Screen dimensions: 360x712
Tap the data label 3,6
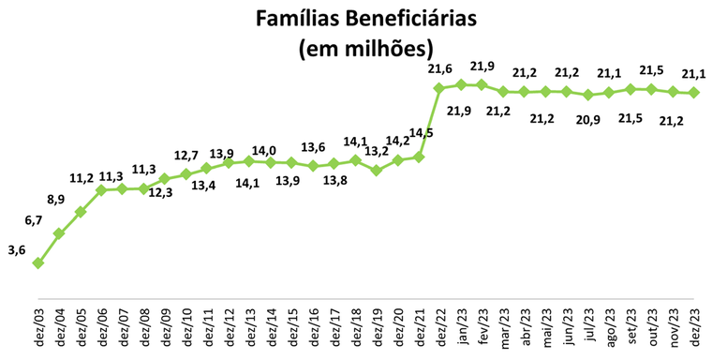(x=16, y=250)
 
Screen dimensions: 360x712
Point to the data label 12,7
(x=186, y=155)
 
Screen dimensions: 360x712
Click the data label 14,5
(x=421, y=133)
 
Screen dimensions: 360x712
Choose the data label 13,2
(x=377, y=151)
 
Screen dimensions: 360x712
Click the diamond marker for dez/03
(x=38, y=262)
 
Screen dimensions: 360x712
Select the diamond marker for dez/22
(x=439, y=88)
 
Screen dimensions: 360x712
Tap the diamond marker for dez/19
(x=376, y=171)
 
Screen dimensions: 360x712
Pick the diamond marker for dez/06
(x=102, y=189)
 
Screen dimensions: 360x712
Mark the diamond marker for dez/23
(x=693, y=92)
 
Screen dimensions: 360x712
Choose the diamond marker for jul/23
(x=587, y=95)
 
